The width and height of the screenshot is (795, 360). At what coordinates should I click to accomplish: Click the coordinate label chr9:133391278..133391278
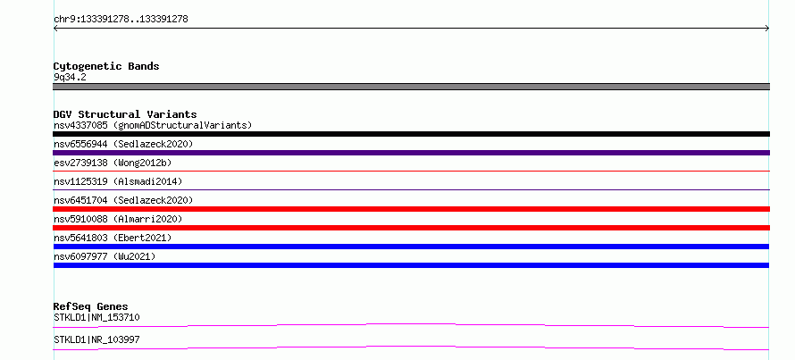(121, 20)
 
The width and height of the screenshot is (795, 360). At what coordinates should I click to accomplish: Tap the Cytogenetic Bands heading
(106, 66)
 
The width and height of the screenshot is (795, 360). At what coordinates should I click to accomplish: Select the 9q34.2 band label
(70, 78)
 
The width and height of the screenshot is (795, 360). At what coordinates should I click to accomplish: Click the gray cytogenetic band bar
(411, 87)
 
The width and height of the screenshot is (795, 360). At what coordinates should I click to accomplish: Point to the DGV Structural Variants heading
(125, 114)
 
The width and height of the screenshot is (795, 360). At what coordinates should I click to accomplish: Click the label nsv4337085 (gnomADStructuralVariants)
(153, 125)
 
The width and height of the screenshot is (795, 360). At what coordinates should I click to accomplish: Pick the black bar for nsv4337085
(411, 134)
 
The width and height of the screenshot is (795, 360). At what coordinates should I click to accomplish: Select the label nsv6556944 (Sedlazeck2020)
(123, 144)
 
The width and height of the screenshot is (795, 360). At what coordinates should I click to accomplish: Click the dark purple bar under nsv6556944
(411, 153)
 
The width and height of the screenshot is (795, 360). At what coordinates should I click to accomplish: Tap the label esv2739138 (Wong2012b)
(113, 163)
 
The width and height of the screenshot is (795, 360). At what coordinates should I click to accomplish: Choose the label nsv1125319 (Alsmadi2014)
(118, 181)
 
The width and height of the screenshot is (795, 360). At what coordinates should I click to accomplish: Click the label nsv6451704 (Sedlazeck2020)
(123, 200)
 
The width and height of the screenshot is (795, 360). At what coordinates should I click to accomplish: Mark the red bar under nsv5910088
(411, 228)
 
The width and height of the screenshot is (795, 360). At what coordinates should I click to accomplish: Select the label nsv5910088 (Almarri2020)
(118, 219)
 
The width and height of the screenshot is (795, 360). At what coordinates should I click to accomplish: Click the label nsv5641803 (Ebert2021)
(113, 238)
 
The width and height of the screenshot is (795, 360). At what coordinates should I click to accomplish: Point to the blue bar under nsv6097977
(411, 265)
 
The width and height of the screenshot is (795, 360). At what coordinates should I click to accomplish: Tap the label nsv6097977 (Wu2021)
(105, 256)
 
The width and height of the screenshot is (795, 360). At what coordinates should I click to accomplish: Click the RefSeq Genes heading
(90, 306)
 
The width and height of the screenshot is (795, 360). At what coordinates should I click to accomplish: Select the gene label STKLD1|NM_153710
(96, 318)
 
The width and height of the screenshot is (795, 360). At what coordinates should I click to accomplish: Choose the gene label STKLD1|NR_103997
(96, 339)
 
